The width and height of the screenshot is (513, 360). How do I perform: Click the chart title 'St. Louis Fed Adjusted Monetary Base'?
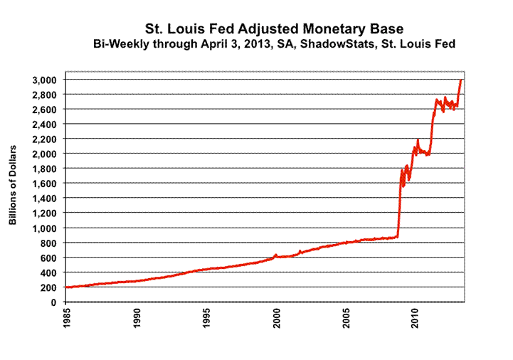(x=274, y=29)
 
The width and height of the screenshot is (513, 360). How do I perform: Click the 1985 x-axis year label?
(x=67, y=319)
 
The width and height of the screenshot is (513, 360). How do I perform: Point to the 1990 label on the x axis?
(x=137, y=319)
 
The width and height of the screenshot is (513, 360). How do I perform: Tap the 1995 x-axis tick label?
(x=206, y=319)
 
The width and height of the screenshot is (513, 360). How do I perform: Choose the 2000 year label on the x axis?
(x=276, y=319)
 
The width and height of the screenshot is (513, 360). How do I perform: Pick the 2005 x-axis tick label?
(x=346, y=319)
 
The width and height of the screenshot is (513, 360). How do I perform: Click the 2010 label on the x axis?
(x=416, y=319)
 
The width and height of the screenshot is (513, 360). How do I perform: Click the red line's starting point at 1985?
(x=66, y=287)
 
